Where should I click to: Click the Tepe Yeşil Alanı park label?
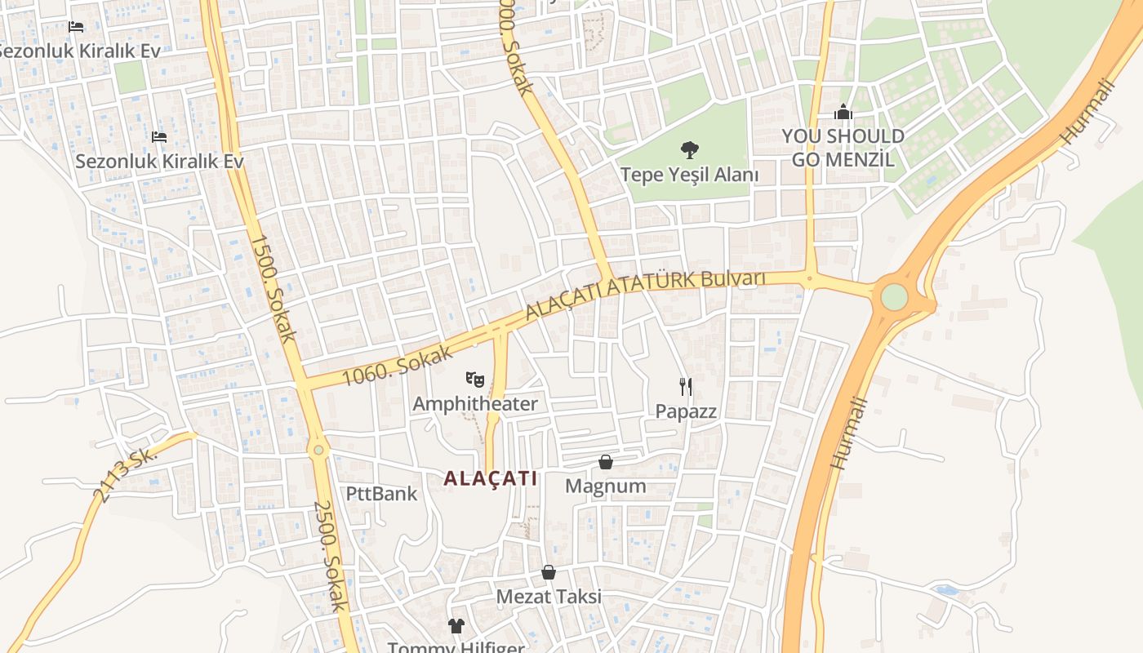click(x=689, y=175)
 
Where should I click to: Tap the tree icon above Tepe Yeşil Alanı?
click(x=690, y=150)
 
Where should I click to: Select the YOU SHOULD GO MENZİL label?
click(x=843, y=148)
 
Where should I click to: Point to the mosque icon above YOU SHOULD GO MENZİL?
click(x=843, y=113)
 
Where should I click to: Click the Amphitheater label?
click(x=475, y=404)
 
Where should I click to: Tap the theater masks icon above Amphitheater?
click(x=475, y=379)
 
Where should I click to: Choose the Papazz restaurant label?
click(x=686, y=411)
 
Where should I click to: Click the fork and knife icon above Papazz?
click(x=686, y=387)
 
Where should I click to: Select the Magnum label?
click(x=606, y=486)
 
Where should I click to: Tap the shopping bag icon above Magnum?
click(x=606, y=463)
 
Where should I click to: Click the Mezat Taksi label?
click(x=549, y=597)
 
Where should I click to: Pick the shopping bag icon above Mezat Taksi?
click(x=549, y=572)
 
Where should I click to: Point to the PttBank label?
click(x=381, y=494)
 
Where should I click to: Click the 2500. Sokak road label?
click(x=331, y=555)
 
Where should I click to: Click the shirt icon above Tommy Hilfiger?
click(x=456, y=626)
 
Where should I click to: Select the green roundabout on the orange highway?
click(x=894, y=296)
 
